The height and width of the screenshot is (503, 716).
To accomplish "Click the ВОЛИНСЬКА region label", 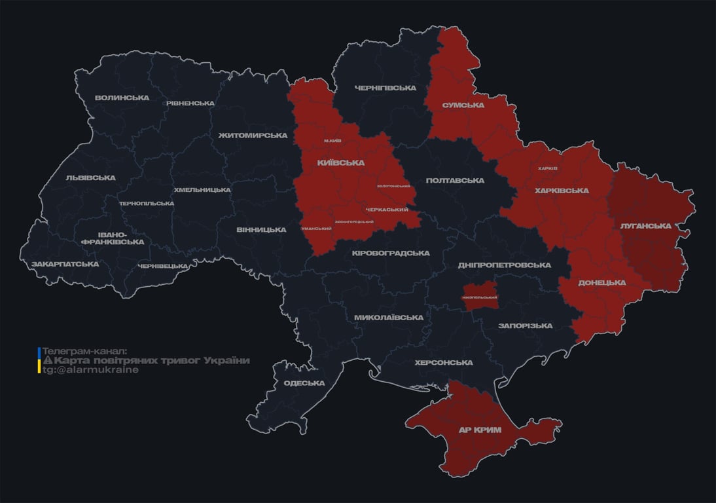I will point(122,98).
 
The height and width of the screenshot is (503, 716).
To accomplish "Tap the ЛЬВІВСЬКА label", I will point(90,177).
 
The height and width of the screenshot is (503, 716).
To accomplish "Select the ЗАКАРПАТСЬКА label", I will point(65,264).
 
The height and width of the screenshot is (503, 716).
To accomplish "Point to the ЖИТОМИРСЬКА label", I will point(253,136).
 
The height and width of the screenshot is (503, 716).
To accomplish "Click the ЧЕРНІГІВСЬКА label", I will point(385,88).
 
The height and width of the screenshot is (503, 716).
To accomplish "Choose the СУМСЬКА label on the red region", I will point(463,105).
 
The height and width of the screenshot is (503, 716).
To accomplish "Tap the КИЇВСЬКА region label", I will point(341,162).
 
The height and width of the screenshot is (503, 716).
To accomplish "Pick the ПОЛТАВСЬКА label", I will point(454,180).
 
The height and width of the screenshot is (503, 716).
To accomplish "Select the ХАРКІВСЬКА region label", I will point(561,191).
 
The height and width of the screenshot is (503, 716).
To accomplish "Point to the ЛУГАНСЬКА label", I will point(646,225).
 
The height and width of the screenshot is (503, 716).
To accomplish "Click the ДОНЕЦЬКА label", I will point(601,283).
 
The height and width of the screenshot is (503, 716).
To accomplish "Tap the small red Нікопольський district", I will point(480,297).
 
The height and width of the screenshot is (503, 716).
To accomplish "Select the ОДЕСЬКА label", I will point(304,383).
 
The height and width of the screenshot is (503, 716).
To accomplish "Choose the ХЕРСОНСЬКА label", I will point(444,363).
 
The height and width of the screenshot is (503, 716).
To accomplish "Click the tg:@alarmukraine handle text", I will point(90,370).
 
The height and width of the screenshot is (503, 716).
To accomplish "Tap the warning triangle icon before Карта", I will point(47,361).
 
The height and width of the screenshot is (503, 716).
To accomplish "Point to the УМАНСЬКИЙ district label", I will point(316,229).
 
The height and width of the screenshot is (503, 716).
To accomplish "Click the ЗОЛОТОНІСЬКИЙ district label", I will point(393,187).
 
